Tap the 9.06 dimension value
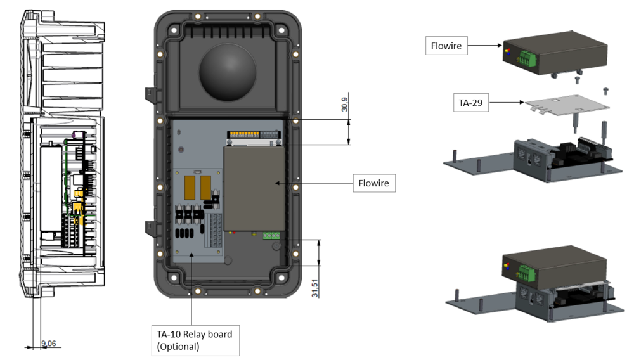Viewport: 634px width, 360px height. pos(48,344)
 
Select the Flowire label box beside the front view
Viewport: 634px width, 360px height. pos(373,184)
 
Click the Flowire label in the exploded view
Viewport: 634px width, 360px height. pos(447,46)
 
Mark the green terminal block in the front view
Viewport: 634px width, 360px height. pos(273,235)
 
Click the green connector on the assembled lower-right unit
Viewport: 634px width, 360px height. pos(526,273)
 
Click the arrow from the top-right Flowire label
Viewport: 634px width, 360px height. pos(486,46)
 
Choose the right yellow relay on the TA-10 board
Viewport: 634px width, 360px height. pos(205,188)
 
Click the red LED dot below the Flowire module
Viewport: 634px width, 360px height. pos(235,232)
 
